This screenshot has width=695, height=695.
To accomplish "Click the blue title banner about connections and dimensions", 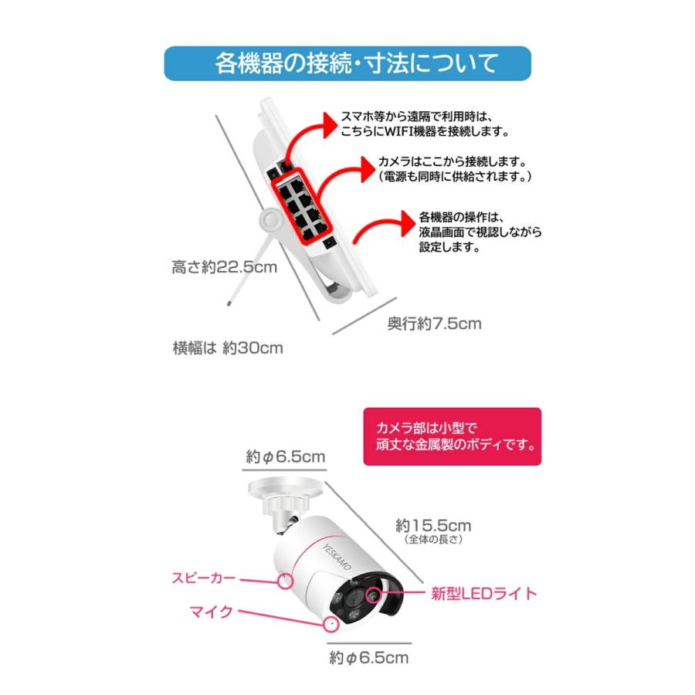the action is click(347, 63).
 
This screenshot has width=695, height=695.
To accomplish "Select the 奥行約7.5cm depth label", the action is click(434, 324).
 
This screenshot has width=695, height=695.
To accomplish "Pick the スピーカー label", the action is click(204, 576).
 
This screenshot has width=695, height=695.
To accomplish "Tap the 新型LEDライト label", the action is click(483, 594).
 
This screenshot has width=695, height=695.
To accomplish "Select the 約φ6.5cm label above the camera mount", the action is click(286, 456).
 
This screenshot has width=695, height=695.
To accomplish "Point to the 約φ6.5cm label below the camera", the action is click(368, 658).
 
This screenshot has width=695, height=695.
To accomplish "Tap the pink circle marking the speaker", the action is click(286, 580).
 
